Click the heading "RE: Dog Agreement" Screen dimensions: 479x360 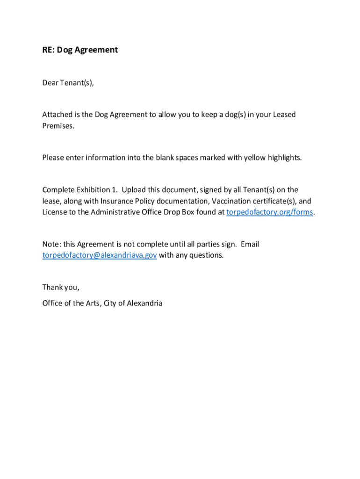[80, 50]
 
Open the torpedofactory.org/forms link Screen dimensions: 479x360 [269, 212]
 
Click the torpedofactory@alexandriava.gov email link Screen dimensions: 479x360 [100, 255]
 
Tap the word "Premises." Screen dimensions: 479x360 [58, 126]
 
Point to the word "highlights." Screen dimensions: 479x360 [285, 158]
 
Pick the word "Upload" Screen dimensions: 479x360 [134, 190]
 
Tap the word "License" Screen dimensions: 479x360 [55, 212]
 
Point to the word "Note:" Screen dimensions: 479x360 [51, 244]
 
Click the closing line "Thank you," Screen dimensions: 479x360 [61, 287]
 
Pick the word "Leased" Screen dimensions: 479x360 [284, 115]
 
